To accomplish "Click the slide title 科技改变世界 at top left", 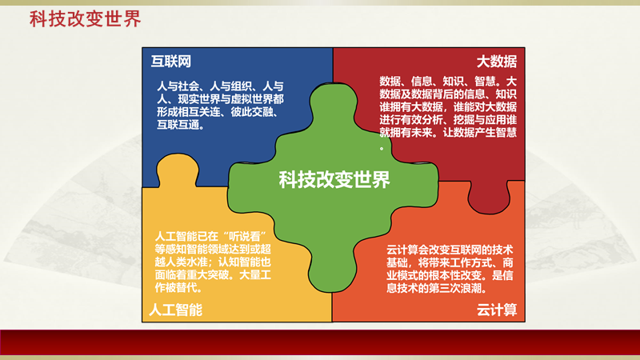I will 85,19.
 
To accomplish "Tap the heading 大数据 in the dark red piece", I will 496,62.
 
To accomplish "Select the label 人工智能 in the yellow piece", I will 175,309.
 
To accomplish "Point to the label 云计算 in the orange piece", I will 497,309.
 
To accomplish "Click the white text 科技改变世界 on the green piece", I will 334,180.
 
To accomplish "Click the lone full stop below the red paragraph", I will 382,148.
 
